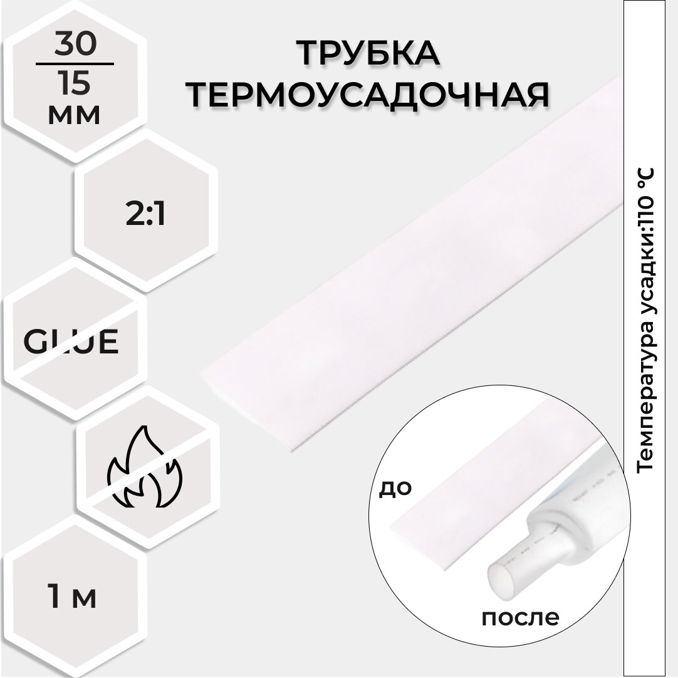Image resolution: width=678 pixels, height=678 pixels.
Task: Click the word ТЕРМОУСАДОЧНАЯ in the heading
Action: tap(369, 94)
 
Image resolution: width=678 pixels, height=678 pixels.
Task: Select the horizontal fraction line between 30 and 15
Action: tap(76, 63)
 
